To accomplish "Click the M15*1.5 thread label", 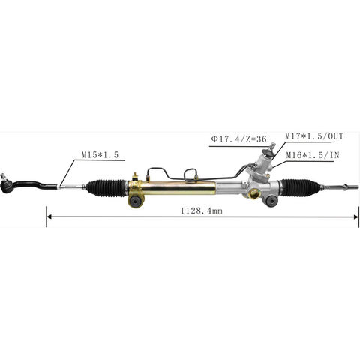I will [99, 154].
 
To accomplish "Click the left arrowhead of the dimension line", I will [50, 217].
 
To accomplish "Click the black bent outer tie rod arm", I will [37, 180].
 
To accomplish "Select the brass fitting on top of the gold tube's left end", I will [135, 178].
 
